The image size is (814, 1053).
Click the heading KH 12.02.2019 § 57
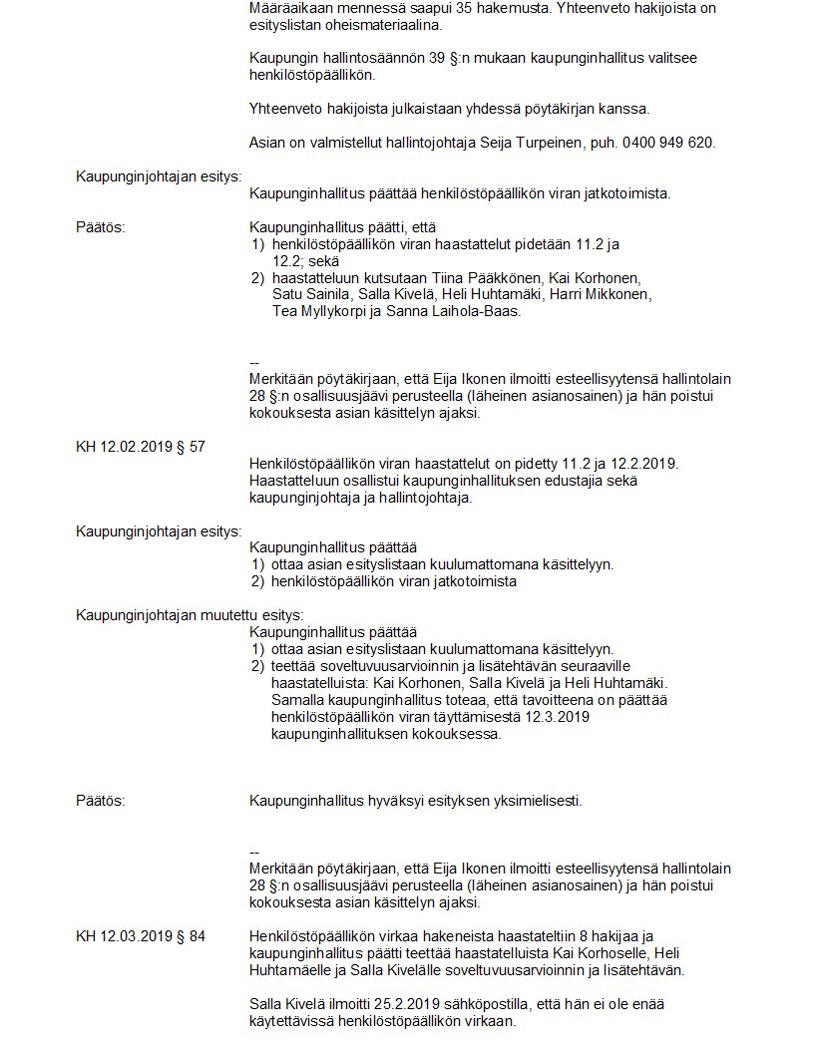point(141,447)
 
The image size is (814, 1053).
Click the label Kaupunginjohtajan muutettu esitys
point(190,615)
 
